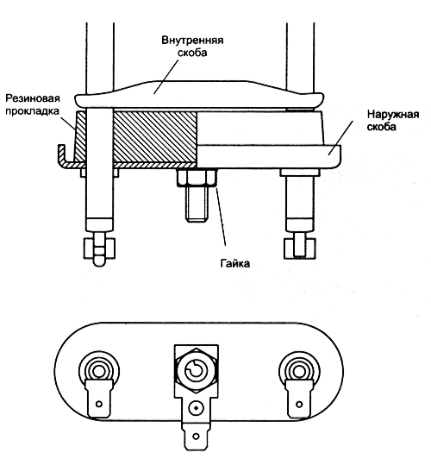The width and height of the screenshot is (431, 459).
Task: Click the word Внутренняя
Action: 192,40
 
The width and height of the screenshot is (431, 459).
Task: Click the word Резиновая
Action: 33,98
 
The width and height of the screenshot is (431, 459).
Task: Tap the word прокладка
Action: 32,111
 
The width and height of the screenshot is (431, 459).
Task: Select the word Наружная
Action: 393,114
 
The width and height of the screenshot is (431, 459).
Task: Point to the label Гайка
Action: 235,264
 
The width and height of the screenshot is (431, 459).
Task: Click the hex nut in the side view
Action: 197,178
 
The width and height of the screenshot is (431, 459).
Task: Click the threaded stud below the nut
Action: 197,204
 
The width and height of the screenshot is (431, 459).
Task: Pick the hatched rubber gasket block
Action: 155,137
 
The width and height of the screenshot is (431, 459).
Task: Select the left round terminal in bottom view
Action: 99,372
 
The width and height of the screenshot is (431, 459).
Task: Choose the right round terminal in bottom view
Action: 299,372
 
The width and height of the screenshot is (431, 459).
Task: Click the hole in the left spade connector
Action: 99,405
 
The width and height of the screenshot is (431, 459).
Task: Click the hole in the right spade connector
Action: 299,405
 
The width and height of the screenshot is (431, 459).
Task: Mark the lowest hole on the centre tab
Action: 197,437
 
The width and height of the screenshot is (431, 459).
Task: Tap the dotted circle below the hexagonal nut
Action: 197,408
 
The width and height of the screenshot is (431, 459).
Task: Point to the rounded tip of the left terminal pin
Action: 99,261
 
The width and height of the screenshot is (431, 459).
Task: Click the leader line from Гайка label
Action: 221,216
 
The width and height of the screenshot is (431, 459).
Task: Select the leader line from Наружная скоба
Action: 340,137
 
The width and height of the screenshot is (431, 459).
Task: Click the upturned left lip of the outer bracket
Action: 62,154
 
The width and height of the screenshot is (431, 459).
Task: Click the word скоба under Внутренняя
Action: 192,53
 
